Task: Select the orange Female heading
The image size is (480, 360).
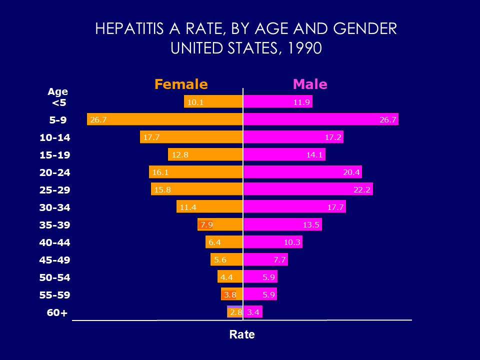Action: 181,84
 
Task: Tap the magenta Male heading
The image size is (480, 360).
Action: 310,84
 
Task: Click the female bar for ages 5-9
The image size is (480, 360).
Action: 165,119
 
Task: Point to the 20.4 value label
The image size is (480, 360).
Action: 351,172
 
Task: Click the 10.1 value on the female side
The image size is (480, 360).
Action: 195,102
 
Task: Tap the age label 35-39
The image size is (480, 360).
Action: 55,225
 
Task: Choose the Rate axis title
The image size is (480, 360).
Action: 242,334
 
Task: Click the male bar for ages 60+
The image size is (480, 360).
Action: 253,312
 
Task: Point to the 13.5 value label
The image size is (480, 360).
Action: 311,225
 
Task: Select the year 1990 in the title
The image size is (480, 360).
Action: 301,48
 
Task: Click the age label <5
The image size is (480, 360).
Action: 59,103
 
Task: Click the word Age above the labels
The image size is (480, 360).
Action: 57,92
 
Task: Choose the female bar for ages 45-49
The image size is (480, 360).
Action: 227,260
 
